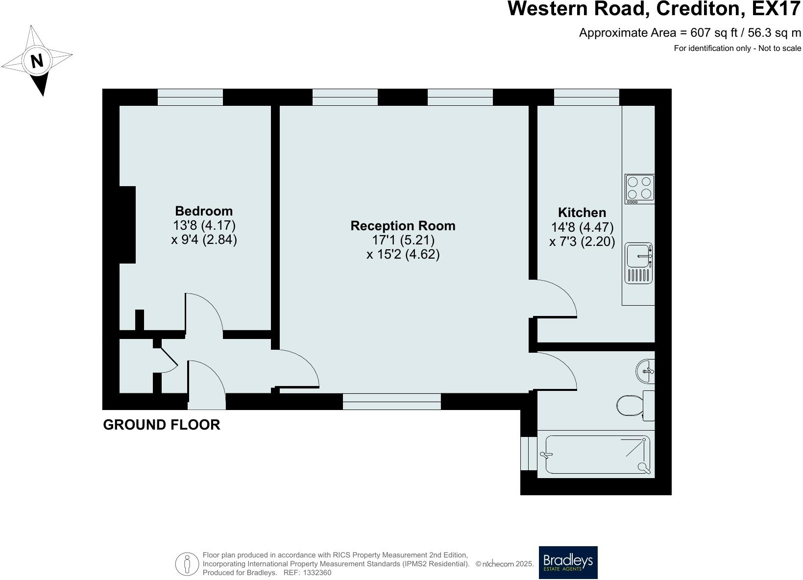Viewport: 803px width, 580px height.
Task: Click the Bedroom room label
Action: pyautogui.click(x=204, y=211)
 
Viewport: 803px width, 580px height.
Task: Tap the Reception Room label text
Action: pyautogui.click(x=403, y=226)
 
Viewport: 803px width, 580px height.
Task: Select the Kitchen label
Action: pyautogui.click(x=582, y=213)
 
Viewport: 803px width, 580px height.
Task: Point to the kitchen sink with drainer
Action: pyautogui.click(x=638, y=263)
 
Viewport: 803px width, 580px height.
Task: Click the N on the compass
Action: pyautogui.click(x=37, y=61)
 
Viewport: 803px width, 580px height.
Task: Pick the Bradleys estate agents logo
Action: pyautogui.click(x=568, y=562)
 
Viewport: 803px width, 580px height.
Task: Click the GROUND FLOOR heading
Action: pyautogui.click(x=161, y=425)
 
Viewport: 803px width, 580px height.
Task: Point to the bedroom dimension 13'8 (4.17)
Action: pyautogui.click(x=204, y=226)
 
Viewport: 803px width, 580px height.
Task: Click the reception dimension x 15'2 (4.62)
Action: pyautogui.click(x=403, y=255)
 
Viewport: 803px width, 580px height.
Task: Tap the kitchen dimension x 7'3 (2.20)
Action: pyautogui.click(x=582, y=242)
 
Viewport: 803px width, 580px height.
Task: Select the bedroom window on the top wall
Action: pyautogui.click(x=190, y=97)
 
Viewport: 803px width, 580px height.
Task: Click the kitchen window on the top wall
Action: pyautogui.click(x=586, y=97)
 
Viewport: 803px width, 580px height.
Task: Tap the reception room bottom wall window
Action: pyautogui.click(x=391, y=402)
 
